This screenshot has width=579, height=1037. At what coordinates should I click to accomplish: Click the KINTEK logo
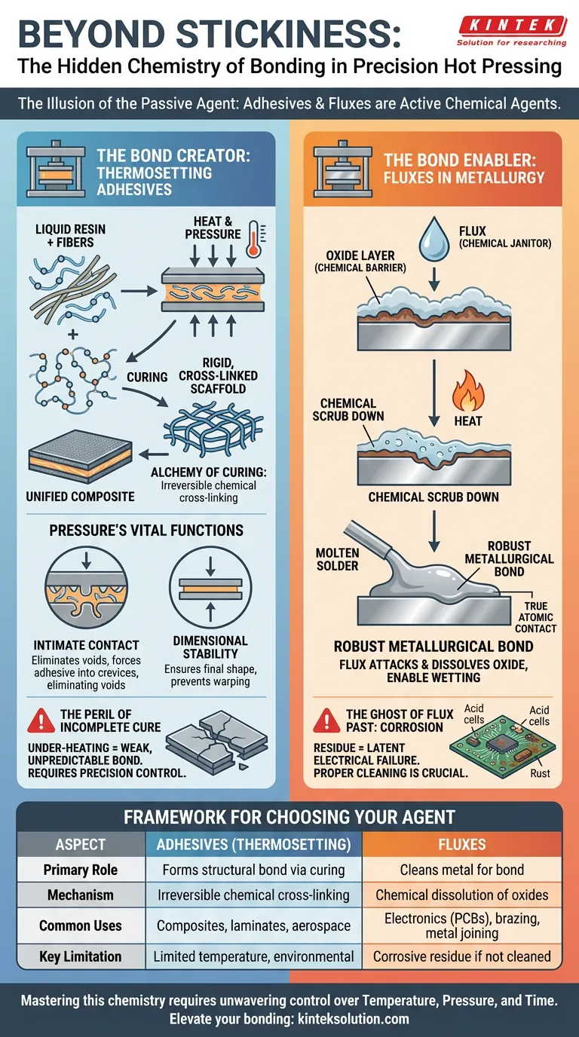click(512, 31)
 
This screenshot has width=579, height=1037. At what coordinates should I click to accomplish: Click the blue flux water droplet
click(434, 239)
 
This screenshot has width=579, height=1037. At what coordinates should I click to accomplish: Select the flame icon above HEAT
click(468, 390)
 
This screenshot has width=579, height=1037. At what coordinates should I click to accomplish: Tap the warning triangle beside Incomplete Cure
click(41, 720)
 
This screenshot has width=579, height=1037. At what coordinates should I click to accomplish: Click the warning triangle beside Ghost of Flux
click(326, 720)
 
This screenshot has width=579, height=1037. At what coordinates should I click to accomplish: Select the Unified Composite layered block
click(80, 457)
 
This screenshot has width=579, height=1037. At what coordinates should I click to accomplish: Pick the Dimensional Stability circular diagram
click(210, 589)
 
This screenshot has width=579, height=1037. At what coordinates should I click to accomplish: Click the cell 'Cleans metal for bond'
click(462, 870)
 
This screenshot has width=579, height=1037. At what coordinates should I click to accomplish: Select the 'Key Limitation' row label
click(81, 956)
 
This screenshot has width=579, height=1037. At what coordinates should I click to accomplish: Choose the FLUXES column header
click(462, 844)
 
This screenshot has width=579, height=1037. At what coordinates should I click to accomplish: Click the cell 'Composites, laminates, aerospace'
click(253, 925)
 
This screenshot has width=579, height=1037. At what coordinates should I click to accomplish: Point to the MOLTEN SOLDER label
click(337, 559)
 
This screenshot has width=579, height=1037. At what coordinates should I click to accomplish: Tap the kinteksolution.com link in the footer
click(353, 1018)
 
